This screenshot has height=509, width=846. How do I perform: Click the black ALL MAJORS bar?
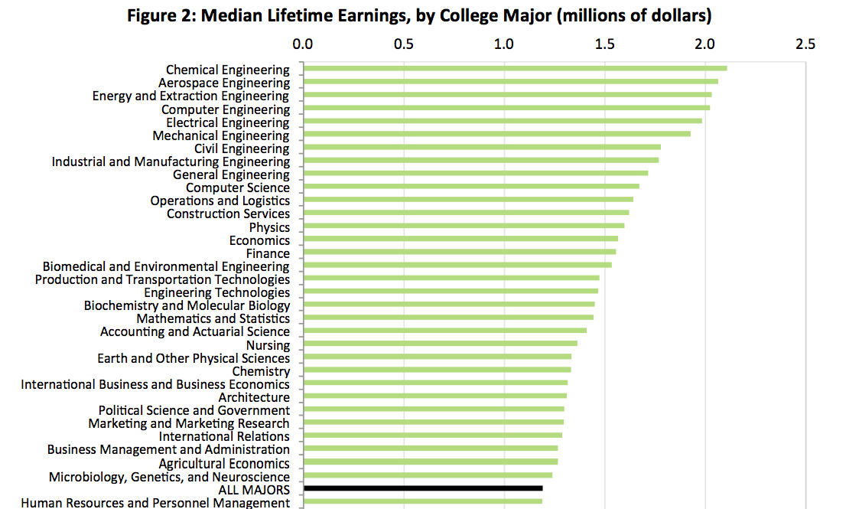[423, 488]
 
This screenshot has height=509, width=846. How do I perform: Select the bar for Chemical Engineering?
[516, 68]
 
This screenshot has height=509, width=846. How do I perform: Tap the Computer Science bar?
[471, 186]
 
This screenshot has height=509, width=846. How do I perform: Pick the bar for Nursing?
[441, 344]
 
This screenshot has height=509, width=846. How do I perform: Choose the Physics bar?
[464, 226]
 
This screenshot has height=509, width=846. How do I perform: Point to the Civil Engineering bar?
[483, 147]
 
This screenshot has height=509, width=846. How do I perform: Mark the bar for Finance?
[460, 252]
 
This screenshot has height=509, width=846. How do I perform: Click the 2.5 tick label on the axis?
[805, 44]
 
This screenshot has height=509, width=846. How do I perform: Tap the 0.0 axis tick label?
[303, 44]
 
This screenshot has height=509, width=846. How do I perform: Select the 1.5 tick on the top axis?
[605, 44]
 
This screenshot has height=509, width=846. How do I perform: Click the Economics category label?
[259, 240]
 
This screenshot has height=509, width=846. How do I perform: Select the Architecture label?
[254, 397]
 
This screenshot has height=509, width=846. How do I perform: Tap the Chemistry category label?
[261, 371]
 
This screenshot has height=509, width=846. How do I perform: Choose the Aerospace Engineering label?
[224, 83]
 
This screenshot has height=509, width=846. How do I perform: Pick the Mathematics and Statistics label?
[213, 318]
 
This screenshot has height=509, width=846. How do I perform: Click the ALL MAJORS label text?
[254, 490]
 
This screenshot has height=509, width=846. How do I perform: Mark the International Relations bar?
[433, 435]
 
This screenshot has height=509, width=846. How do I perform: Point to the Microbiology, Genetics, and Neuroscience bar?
[428, 475]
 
